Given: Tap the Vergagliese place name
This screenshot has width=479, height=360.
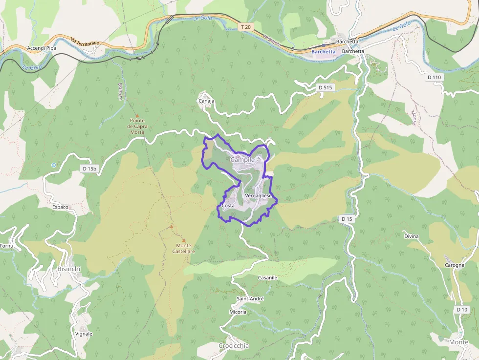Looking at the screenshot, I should coord(258,195).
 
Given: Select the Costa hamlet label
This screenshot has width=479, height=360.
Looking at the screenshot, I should coord(228,206).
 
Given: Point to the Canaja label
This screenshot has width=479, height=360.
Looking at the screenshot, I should coord(206,101).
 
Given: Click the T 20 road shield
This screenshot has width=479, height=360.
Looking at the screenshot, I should coord(246,26).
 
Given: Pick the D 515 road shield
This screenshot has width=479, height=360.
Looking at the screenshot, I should coord(325,87).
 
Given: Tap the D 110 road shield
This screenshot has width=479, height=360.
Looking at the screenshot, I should coord(434,77).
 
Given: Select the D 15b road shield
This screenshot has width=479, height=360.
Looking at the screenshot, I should coord(90,169).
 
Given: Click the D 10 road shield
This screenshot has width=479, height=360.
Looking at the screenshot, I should coord(462,310).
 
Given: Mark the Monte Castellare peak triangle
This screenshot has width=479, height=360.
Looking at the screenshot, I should coord(171,227).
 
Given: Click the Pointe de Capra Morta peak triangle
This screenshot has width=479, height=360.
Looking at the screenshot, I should coord(137,115).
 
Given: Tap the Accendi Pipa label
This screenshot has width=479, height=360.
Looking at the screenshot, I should coord(42,48).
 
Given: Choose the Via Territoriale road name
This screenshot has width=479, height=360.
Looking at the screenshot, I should coord(84,42).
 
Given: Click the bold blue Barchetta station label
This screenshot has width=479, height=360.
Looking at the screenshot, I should coord(323,51).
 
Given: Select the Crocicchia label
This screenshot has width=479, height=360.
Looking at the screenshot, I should coord(234,345).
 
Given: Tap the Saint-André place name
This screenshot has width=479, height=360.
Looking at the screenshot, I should coord(250,298).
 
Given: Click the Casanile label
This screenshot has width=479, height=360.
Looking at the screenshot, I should coord(267,277).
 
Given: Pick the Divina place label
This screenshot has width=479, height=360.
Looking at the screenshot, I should coord(411,236).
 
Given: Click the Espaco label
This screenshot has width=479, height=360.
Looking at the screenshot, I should coord(60,207).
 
